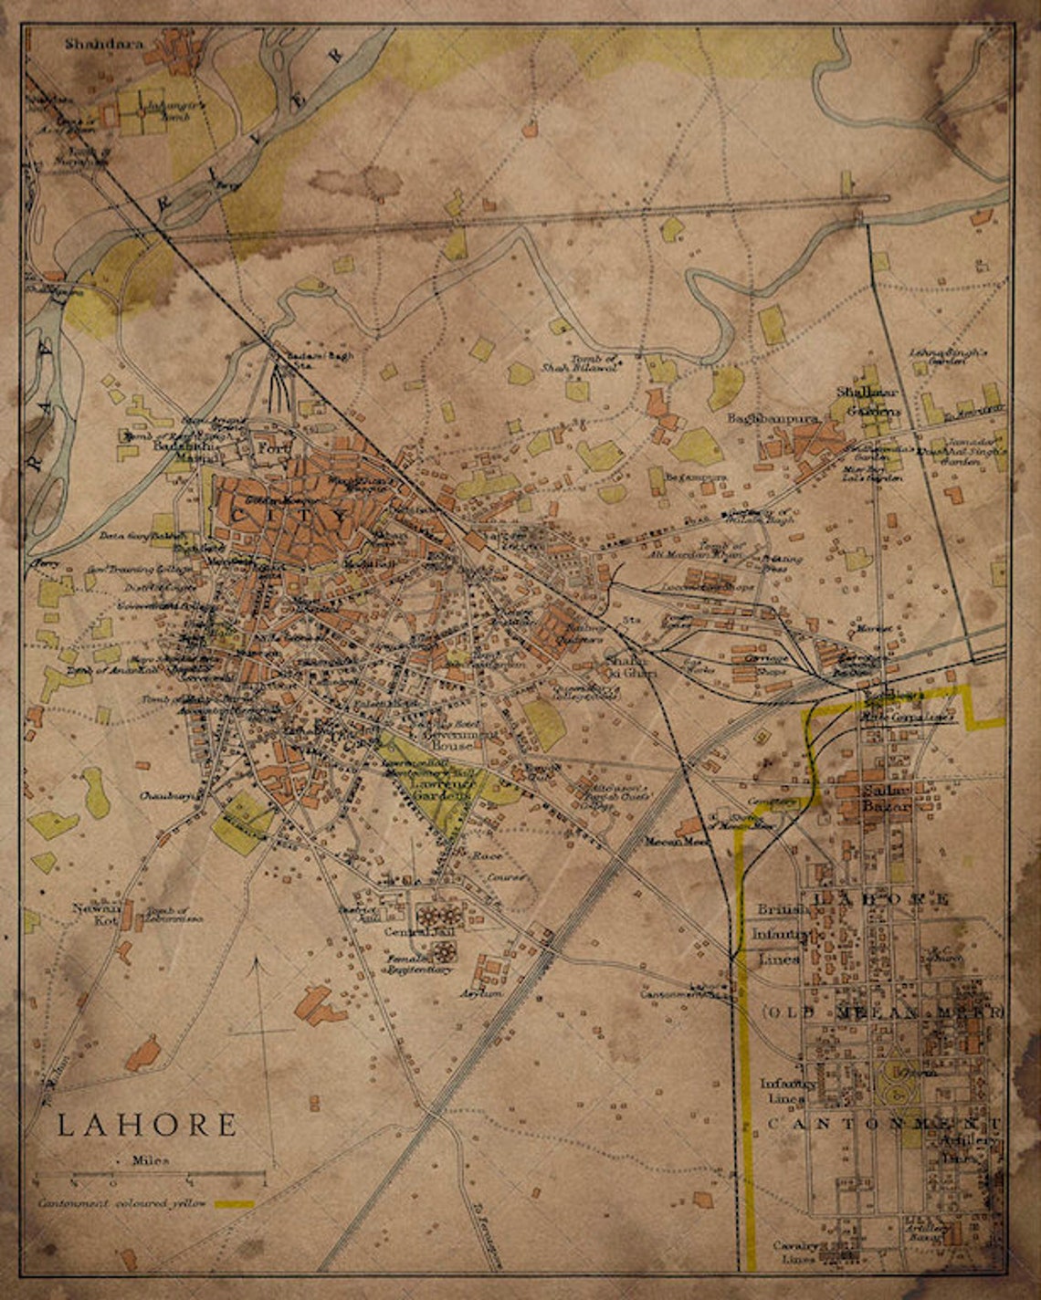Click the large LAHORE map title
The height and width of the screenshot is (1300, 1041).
(147, 1124)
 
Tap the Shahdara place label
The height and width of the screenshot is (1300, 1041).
(105, 42)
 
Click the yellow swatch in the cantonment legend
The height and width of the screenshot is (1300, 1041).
(235, 1204)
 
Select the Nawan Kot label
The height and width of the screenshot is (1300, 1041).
(97, 914)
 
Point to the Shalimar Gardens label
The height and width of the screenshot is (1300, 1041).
(868, 402)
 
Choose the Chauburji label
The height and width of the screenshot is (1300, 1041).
(170, 796)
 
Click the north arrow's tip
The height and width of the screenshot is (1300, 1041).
(257, 957)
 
